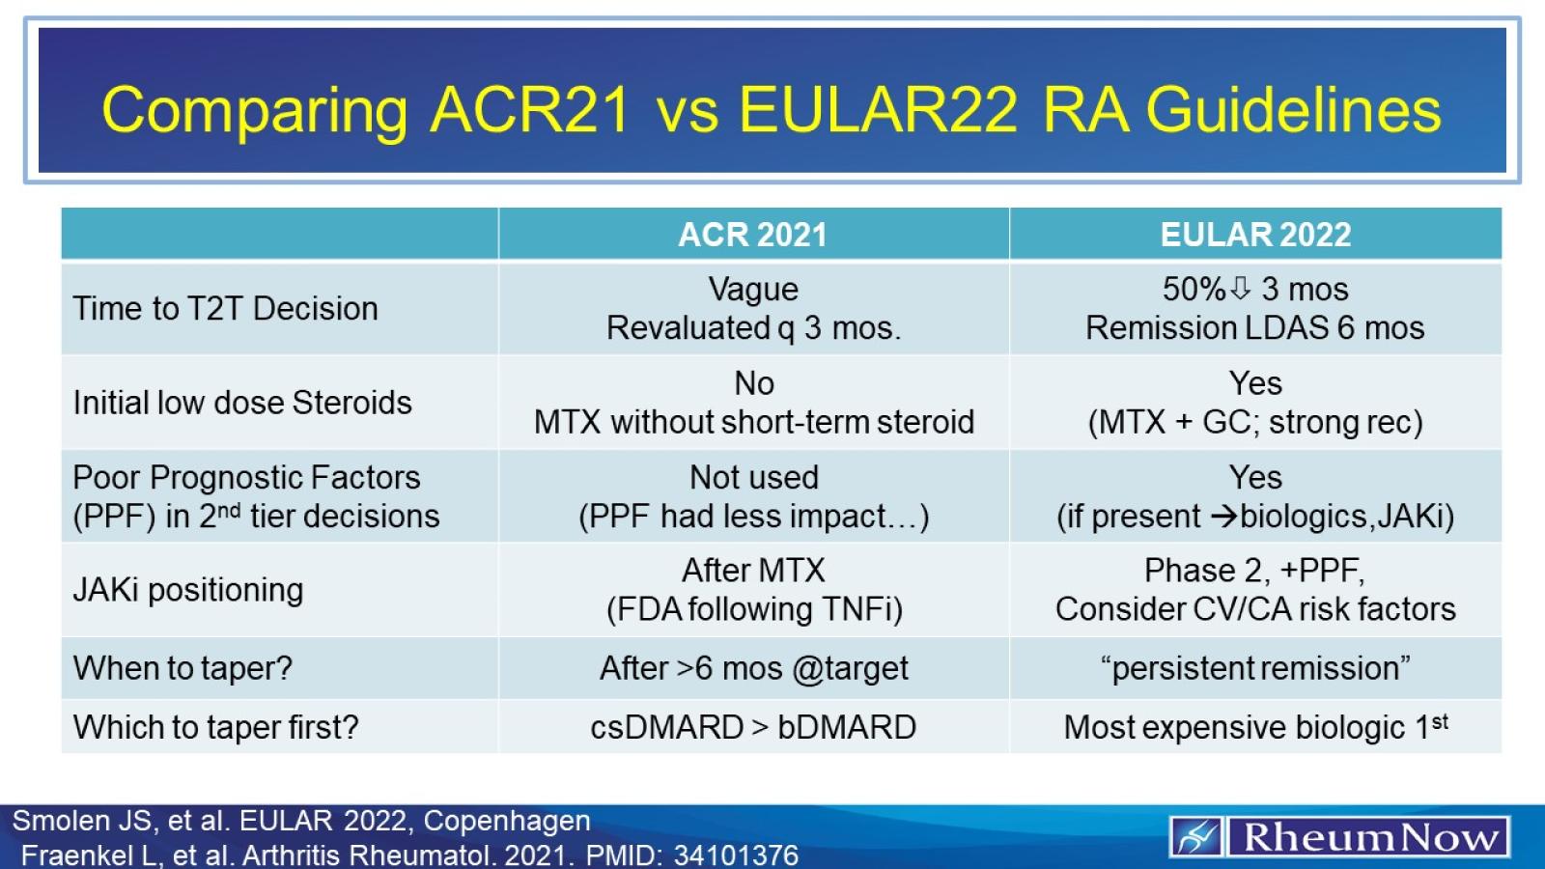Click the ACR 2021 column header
(752, 235)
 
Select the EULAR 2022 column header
(1255, 235)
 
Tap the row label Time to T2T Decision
(225, 309)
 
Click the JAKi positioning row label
(188, 590)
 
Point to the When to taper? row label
(183, 668)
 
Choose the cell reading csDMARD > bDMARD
(753, 727)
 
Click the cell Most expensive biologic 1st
(1255, 727)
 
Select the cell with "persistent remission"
(1255, 668)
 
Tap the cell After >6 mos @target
(753, 668)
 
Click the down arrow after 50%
(1241, 288)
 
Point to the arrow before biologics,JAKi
(1223, 517)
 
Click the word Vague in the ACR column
(753, 289)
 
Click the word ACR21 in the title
(530, 109)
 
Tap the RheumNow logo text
(1370, 837)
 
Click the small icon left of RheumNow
(1196, 837)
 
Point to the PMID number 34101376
(736, 855)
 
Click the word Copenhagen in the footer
(506, 821)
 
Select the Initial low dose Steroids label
(242, 403)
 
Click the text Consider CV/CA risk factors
(1255, 609)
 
